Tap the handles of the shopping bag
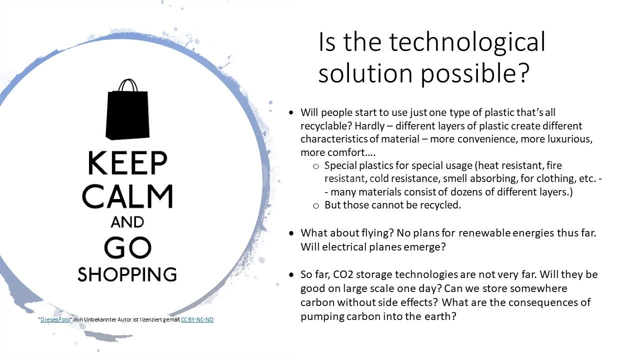128,85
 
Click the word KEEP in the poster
127,163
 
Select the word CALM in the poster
127,196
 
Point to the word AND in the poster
127,222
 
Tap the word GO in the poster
127,247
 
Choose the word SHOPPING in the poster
127,274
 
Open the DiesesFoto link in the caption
55,319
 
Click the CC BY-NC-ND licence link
197,319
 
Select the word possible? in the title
475,73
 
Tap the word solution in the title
365,73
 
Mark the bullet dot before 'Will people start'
291,112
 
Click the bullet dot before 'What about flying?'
291,233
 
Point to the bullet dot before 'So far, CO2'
291,275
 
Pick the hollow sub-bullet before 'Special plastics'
316,166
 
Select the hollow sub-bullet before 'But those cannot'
316,205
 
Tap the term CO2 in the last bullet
343,274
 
